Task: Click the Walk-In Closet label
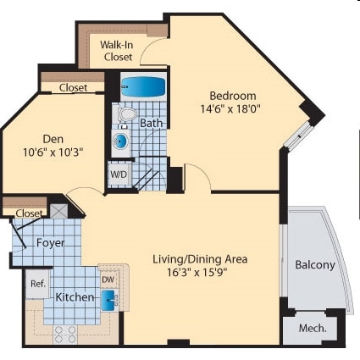[118, 51]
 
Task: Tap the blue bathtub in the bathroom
[145, 86]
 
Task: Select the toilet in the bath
[128, 114]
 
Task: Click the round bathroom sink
[121, 141]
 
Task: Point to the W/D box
[119, 174]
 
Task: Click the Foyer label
[50, 242]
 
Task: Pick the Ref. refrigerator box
[38, 284]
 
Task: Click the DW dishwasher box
[108, 278]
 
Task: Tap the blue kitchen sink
[110, 298]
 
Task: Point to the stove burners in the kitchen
[65, 334]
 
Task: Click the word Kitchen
[74, 298]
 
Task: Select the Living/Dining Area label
[200, 258]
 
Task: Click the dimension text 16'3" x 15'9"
[200, 273]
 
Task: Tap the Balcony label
[314, 265]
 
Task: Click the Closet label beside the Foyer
[29, 213]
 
